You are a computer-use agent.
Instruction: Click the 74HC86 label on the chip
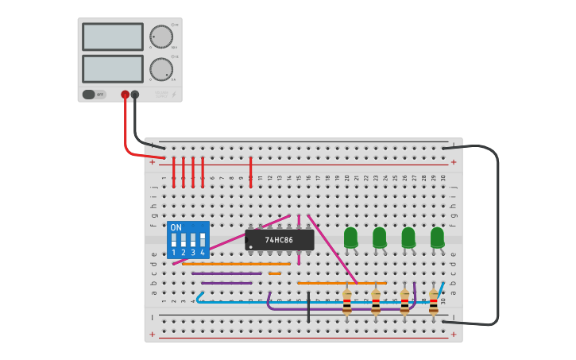pos(279,240)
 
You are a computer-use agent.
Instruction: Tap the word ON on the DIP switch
pos(176,227)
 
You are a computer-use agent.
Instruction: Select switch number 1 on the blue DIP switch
pos(174,240)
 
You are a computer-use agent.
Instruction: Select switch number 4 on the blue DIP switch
pos(203,240)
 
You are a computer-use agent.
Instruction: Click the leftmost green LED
pos(350,237)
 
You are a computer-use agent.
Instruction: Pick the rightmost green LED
pos(437,237)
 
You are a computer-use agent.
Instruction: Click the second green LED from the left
pos(379,237)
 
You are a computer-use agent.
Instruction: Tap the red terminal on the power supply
pos(125,95)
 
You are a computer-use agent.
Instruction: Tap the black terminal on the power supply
pos(135,95)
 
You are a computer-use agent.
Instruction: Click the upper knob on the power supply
pos(160,37)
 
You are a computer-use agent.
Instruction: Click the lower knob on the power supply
pos(160,69)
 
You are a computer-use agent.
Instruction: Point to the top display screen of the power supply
pos(112,37)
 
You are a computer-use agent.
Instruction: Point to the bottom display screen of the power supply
pos(112,68)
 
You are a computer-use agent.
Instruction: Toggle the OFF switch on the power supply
pos(93,95)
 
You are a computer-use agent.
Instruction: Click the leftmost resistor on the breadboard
pos(346,302)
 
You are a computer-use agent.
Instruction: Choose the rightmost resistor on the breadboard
pos(433,302)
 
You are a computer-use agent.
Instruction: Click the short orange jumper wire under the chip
pos(275,273)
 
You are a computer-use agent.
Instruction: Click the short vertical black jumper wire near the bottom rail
pos(308,307)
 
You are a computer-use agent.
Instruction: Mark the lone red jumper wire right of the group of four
pos(250,172)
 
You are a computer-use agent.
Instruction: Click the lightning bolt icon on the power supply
pos(175,94)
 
